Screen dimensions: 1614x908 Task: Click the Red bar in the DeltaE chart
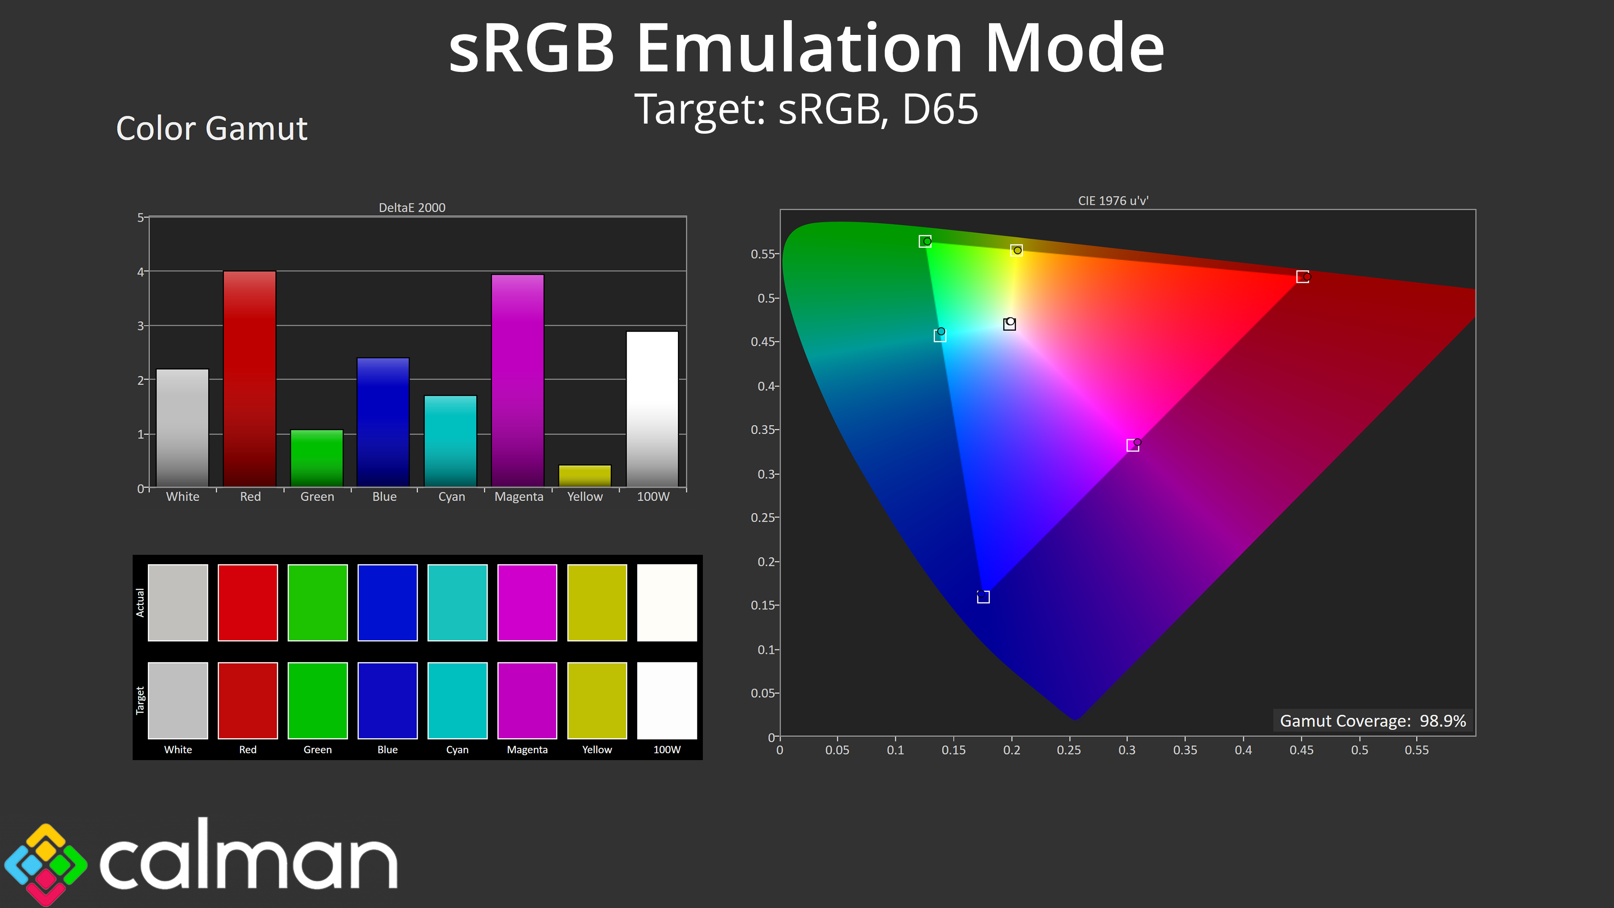[x=249, y=378]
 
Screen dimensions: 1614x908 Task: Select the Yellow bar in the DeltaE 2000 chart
[x=585, y=475]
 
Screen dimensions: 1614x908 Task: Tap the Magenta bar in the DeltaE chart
[x=517, y=380]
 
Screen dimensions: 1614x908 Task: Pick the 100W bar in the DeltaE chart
[x=652, y=409]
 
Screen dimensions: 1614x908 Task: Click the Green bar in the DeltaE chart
[x=317, y=458]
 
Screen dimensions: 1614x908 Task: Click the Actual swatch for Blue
[x=387, y=602]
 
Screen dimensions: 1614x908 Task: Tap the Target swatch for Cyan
[x=457, y=700]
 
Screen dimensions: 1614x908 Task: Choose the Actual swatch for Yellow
[x=597, y=602]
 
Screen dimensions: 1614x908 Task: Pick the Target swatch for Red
[x=248, y=700]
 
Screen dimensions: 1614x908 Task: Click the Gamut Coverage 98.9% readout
[x=1373, y=721]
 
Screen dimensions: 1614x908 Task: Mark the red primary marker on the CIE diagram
[x=1303, y=276]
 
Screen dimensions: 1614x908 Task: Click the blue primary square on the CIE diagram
[x=983, y=597]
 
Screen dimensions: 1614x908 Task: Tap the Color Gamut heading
[x=212, y=129]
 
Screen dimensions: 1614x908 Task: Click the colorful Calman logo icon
[x=46, y=864]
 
